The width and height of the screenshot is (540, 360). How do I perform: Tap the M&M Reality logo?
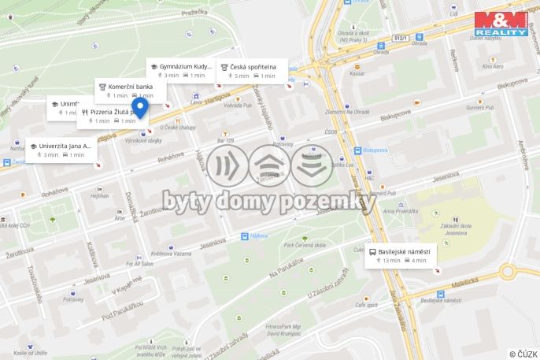coord(501,23)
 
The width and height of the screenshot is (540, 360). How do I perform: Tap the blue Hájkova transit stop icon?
coord(244,236)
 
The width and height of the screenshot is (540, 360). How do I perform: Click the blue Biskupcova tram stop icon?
coord(358,150)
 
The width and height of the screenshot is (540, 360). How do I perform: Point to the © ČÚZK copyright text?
coord(523,354)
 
